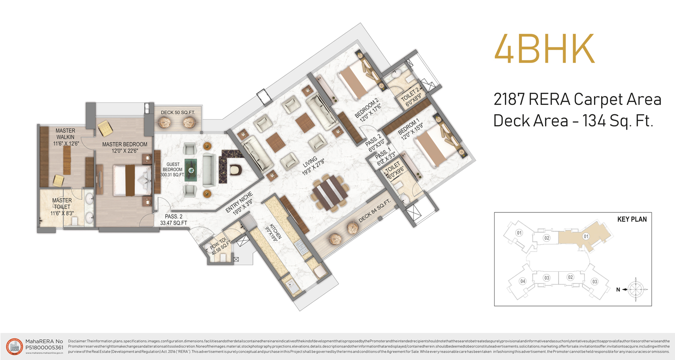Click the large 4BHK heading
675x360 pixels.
pyautogui.click(x=544, y=48)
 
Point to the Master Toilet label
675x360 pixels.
pyautogui.click(x=62, y=204)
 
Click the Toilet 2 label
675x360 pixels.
pyautogui.click(x=410, y=96)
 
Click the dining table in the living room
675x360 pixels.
pyautogui.click(x=331, y=194)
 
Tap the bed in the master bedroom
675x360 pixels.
pyautogui.click(x=131, y=180)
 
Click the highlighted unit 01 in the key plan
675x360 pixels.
pyautogui.click(x=585, y=236)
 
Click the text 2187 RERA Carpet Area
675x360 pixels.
pyautogui.click(x=577, y=100)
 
